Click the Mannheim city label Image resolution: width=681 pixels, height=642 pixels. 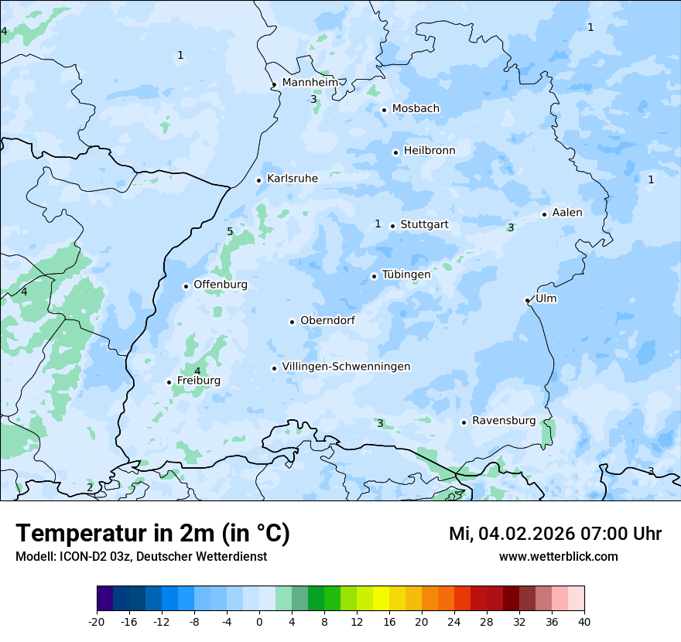click(310, 82)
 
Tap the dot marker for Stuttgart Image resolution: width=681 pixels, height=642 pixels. click(392, 226)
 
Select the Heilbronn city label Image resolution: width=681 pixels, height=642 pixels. click(429, 151)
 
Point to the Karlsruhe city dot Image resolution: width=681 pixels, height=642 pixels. click(259, 180)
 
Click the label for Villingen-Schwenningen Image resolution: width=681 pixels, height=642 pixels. click(346, 367)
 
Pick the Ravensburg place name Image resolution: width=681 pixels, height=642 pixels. click(503, 421)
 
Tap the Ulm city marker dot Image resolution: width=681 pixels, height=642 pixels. click(527, 300)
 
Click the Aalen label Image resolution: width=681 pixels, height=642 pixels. click(567, 213)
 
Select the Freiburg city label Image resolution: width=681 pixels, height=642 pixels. click(198, 381)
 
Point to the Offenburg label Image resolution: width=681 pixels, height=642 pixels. click(221, 285)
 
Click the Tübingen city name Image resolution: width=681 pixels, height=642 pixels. click(406, 275)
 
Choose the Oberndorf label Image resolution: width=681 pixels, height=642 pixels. click(327, 320)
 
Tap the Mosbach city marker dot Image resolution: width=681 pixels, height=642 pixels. click(384, 110)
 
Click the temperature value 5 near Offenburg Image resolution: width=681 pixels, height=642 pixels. click(230, 232)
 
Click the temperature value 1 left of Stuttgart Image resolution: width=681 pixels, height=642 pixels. click(378, 224)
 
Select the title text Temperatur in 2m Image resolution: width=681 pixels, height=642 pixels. click(152, 534)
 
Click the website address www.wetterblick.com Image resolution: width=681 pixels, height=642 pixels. click(558, 557)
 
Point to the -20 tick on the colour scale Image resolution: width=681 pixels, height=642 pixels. click(97, 622)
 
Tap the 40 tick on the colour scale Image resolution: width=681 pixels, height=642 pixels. click(583, 622)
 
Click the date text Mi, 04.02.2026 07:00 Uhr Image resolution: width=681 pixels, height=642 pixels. click(555, 534)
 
